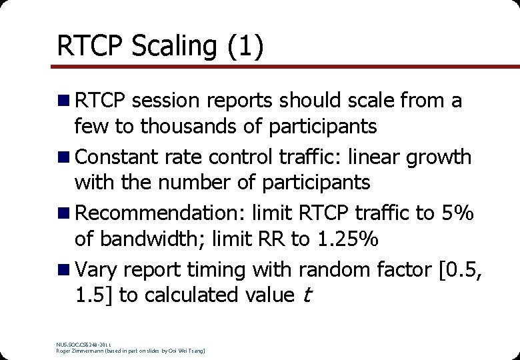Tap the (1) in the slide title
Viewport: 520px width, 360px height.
coord(247,46)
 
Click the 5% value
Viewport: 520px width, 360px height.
coord(457,214)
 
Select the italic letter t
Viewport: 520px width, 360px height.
coord(306,295)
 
